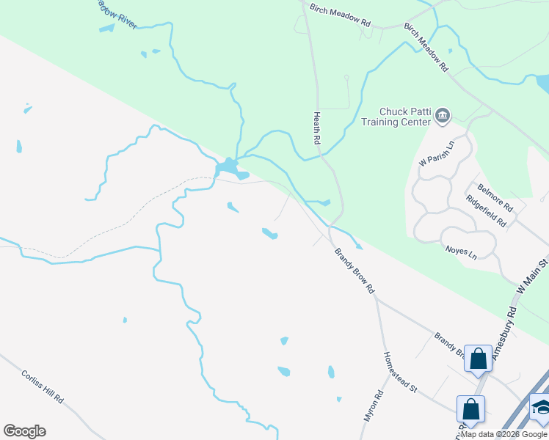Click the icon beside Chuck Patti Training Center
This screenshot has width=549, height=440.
coord(443,115)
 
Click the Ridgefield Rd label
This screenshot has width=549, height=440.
coord(486,210)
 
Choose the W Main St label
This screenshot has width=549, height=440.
coord(532,276)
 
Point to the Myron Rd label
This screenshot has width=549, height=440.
coord(374,406)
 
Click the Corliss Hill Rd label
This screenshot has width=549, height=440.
coord(42,385)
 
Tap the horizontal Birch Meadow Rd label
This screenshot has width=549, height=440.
coord(340,13)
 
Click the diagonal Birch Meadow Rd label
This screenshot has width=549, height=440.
coord(426,46)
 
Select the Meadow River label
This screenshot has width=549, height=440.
coord(117,12)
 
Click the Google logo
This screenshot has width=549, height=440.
coord(24,431)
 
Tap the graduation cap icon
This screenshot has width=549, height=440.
coord(541,408)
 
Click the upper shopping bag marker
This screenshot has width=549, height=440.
coord(478,359)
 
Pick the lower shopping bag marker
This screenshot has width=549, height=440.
coord(470,408)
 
